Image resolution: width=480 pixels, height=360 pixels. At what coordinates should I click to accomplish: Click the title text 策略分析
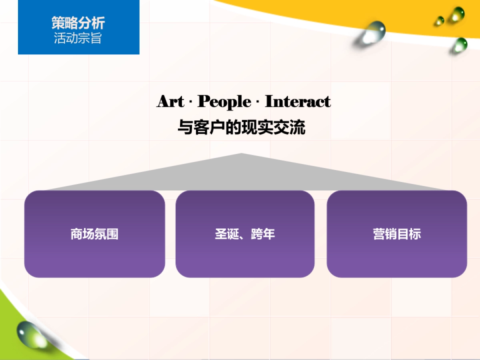tap(78, 23)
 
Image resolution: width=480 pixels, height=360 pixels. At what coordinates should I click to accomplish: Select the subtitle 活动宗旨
tap(78, 38)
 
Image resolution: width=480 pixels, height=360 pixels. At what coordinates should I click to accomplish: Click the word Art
tap(170, 101)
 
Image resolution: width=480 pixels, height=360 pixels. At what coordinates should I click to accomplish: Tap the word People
tap(224, 102)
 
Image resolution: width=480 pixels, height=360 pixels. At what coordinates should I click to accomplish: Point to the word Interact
tap(298, 101)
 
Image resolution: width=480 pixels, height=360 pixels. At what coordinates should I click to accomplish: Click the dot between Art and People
tap(190, 102)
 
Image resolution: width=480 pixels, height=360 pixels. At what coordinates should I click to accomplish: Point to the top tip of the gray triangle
tap(241, 154)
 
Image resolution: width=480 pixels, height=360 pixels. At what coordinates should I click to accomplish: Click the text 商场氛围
tap(94, 234)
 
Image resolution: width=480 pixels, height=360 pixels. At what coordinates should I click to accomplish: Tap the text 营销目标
tap(397, 234)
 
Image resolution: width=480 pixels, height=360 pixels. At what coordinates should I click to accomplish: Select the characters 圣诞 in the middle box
tap(227, 234)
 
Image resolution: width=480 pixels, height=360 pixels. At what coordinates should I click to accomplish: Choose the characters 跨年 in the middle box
tap(263, 234)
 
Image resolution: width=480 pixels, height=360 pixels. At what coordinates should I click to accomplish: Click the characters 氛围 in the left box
tap(106, 234)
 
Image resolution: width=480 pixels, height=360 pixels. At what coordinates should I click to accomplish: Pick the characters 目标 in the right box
tap(409, 234)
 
